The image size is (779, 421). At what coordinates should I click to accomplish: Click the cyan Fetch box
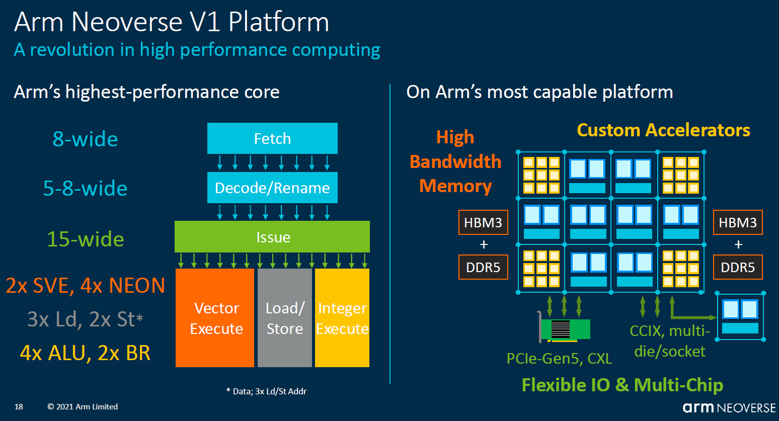(x=272, y=138)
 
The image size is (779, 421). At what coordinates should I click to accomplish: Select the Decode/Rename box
(x=272, y=188)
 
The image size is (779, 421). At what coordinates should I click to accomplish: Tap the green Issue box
(x=272, y=237)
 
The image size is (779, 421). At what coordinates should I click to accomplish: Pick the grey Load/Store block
(x=285, y=318)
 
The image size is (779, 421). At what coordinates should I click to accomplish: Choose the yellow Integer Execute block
(x=342, y=318)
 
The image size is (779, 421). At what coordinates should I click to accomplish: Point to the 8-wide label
(x=85, y=139)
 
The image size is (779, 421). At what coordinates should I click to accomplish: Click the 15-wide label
(x=85, y=239)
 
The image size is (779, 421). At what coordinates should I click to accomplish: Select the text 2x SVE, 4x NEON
(x=85, y=286)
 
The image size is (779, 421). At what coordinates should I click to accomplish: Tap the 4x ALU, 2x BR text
(x=85, y=353)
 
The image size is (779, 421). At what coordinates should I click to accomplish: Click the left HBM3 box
(x=483, y=223)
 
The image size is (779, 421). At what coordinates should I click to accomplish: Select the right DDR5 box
(x=738, y=267)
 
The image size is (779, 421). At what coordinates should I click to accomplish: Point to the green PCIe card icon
(x=565, y=329)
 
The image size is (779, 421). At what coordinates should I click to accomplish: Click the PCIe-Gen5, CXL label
(x=559, y=359)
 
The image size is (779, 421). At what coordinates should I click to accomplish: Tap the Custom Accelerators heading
(x=663, y=130)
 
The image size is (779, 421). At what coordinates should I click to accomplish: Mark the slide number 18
(x=19, y=407)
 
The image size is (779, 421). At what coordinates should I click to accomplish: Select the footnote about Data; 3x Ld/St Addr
(x=266, y=391)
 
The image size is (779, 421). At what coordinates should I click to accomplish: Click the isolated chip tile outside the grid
(x=740, y=316)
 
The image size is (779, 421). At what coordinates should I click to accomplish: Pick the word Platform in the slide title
(x=278, y=22)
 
